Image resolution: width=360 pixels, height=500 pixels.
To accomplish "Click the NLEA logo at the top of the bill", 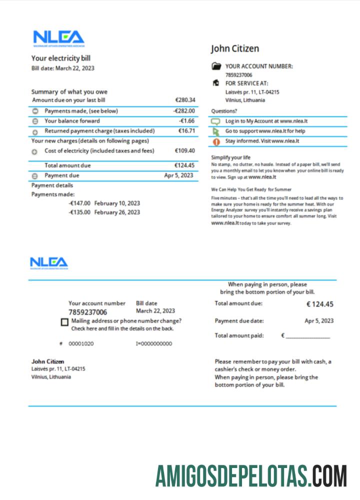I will click(58, 37).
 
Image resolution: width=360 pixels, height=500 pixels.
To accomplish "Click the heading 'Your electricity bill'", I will click(61, 58).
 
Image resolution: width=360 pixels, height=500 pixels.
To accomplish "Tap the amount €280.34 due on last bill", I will click(185, 100).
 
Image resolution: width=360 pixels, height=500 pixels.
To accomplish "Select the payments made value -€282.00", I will click(184, 111).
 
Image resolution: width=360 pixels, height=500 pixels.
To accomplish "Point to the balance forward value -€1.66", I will click(186, 121).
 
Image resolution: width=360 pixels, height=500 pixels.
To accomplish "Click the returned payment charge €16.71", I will click(186, 131).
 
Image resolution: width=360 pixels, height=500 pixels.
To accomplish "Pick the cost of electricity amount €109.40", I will click(185, 150).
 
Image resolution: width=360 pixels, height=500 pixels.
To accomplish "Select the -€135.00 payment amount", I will click(79, 212).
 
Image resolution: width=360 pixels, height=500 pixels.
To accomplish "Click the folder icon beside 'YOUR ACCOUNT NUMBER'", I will click(216, 66).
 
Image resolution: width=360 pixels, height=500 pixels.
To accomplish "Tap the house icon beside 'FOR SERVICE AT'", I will click(216, 83).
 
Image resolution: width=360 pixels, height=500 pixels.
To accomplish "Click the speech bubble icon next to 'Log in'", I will click(216, 121).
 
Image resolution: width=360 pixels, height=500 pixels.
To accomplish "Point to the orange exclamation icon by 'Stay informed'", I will click(216, 141).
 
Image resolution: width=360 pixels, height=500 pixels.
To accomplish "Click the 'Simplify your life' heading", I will click(230, 157).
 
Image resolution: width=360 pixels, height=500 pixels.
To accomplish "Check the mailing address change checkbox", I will click(64, 322).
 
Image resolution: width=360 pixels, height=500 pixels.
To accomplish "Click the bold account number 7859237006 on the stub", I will click(87, 312).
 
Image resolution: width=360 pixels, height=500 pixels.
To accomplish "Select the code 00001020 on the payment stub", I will click(81, 344).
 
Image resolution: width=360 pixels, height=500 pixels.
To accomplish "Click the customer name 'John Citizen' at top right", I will click(235, 48).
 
